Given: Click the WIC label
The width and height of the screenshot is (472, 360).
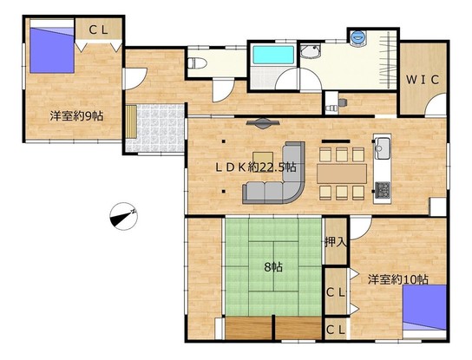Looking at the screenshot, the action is [x=422, y=80].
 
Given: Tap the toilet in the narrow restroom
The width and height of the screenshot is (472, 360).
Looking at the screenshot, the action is [x=197, y=63].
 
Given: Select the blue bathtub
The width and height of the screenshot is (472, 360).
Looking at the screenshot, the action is [x=273, y=55].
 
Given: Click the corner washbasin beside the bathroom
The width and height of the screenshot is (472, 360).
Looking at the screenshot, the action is [x=310, y=51].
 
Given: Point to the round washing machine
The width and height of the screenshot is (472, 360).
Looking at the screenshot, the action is [x=358, y=38].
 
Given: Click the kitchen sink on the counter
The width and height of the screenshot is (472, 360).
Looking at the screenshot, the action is [x=383, y=148].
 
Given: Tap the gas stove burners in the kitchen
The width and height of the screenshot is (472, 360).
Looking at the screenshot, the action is [x=383, y=190].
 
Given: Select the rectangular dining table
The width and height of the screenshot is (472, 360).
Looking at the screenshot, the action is [x=342, y=173].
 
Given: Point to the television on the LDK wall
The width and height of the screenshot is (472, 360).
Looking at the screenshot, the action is [x=263, y=123].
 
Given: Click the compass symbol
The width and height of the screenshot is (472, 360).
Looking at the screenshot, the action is [x=123, y=216].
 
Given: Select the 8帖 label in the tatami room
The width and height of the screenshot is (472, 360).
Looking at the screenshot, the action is [x=273, y=266].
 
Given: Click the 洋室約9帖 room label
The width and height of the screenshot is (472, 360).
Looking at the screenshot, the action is [x=76, y=116].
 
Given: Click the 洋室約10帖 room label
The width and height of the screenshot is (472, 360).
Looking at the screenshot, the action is [x=398, y=279].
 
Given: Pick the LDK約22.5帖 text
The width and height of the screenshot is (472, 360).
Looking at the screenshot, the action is [x=256, y=167].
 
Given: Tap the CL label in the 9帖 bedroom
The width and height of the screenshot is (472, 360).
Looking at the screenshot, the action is [x=98, y=30].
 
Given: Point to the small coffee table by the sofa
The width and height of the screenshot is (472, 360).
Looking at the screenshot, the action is [x=263, y=159].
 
